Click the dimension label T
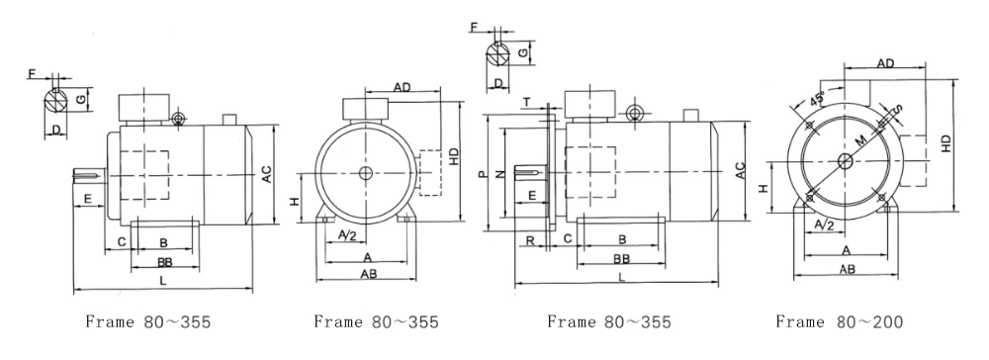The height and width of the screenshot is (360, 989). click(x=527, y=103)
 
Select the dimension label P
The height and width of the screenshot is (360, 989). click(x=484, y=173)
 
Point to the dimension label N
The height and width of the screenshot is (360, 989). click(x=500, y=173)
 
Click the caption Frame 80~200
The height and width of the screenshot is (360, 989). click(x=839, y=322)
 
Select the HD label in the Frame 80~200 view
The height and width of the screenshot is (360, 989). click(x=946, y=143)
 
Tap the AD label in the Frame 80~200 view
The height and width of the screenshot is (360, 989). click(x=885, y=63)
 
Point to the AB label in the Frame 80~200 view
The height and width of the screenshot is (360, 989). click(x=848, y=269)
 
